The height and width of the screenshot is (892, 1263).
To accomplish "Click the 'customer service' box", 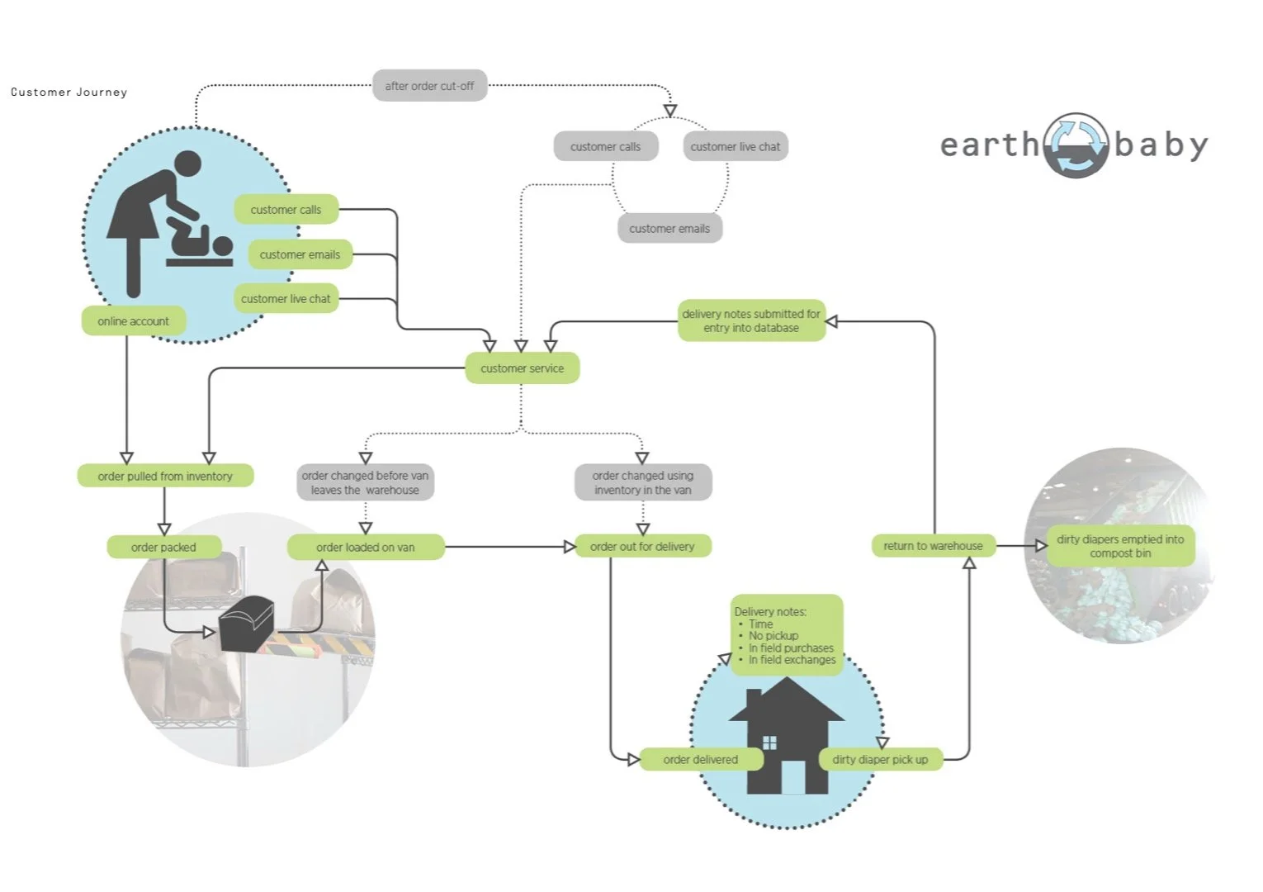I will pos(522,368).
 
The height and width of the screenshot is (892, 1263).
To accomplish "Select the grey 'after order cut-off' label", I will pos(429,86).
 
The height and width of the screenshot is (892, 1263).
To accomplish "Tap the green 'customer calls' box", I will pos(286,210).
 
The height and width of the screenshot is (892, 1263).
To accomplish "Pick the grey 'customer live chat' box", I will pos(735,147).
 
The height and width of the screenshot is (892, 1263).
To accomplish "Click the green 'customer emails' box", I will pos(300,254).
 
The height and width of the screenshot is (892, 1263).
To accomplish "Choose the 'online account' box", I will pos(133,321).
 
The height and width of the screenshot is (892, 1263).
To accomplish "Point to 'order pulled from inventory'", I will pos(165,477).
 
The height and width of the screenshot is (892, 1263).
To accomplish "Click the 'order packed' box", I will pos(163,547).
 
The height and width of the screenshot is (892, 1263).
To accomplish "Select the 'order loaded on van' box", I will pos(365,547).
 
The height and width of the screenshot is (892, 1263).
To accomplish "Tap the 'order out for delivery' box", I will pos(642,547).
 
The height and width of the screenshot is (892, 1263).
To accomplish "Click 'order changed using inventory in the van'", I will pos(642,482).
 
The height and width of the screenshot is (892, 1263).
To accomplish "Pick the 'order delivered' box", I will pos(700,760).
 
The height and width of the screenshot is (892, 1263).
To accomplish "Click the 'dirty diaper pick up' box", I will pos(880,760).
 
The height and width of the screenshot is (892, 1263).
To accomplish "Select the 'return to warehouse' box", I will pos(933,546).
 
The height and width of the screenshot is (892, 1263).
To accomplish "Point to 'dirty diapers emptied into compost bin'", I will pos(1120,546).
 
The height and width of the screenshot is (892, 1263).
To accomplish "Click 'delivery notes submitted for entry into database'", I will pos(751,320).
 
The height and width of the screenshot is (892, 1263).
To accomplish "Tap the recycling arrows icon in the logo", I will pos(1076,145).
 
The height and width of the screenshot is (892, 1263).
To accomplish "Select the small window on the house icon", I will pos(769,743).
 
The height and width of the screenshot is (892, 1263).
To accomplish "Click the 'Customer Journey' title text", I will pos(69,93).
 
